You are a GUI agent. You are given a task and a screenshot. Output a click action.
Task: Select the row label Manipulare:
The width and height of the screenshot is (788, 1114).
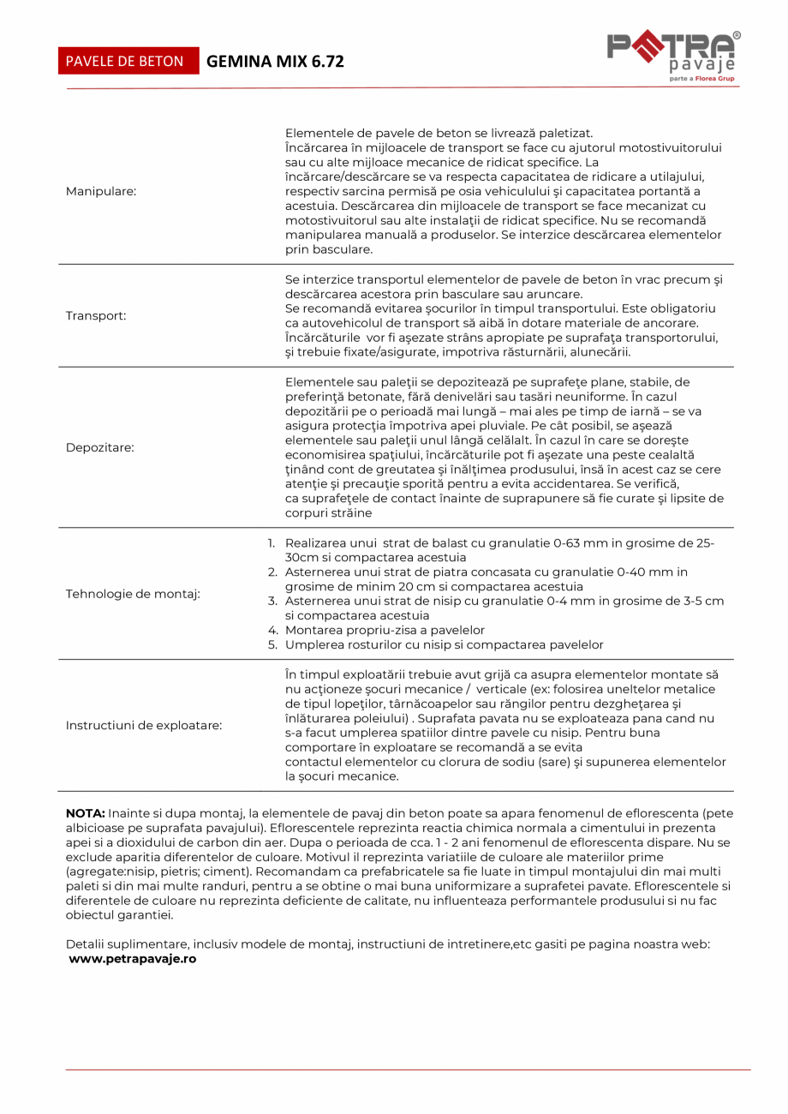101,191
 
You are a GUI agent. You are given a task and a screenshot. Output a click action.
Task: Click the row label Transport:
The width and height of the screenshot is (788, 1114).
96,315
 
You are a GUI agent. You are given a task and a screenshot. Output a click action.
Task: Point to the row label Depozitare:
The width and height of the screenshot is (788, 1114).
100,447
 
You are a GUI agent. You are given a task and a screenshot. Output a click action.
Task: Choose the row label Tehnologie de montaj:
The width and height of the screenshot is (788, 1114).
133,594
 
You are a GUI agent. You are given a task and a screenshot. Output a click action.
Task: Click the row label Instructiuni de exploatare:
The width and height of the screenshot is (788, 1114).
144,726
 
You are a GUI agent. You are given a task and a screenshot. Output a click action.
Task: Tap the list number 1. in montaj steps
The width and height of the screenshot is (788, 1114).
272,543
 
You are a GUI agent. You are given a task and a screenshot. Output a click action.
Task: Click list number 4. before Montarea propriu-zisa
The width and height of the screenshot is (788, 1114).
272,630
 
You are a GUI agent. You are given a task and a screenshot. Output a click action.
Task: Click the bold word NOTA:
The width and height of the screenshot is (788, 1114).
85,812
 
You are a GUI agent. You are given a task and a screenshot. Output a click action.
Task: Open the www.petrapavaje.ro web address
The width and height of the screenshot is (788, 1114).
133,959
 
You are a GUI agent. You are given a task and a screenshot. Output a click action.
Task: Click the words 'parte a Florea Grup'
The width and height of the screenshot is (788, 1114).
701,78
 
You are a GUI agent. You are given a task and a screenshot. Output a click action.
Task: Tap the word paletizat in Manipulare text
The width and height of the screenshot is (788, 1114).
564,133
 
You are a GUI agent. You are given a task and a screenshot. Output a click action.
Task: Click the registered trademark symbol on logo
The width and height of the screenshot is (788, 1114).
737,36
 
